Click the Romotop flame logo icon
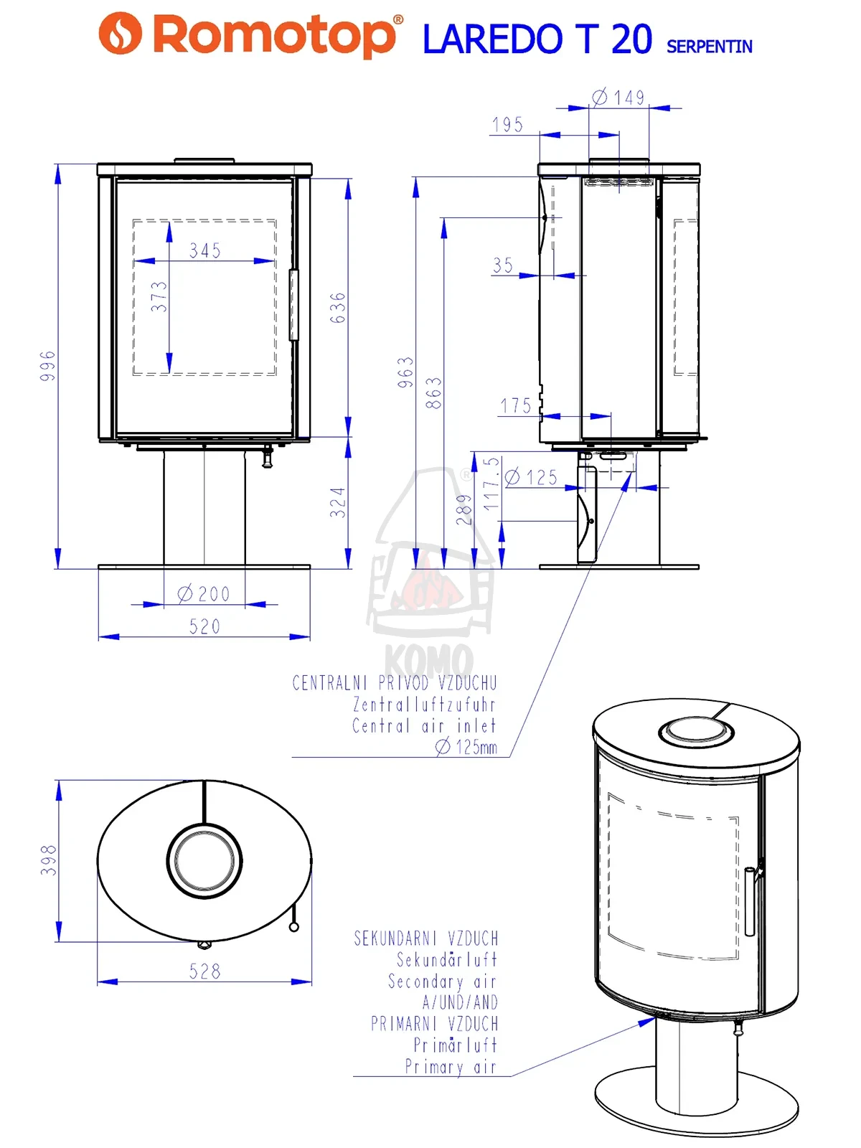coord(121,33)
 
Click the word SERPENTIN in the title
coord(709,47)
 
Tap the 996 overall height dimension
coord(47,366)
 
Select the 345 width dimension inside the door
coord(205,250)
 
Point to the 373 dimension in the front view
coord(159,296)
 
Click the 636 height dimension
coord(338,308)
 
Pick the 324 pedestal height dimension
coord(338,502)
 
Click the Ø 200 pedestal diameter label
coord(203,593)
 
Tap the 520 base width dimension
coord(204,626)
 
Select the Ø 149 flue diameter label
coord(618,98)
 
